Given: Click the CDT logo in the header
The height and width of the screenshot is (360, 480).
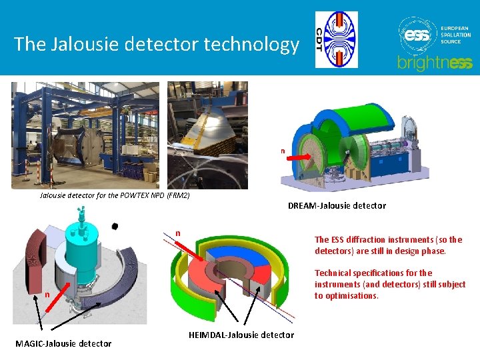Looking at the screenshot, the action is click(337, 39).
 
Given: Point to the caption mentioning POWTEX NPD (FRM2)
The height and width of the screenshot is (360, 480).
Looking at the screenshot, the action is click(115, 195).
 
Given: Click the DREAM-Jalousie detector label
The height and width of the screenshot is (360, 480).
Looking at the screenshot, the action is click(337, 205).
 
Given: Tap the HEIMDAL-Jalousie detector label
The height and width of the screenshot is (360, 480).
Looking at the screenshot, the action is click(241, 335).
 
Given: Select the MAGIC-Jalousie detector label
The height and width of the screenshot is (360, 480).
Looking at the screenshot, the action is click(63, 343).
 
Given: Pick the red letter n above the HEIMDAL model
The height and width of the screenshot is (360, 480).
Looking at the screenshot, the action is click(178, 233).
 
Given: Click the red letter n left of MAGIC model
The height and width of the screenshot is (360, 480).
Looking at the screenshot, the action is click(47, 294).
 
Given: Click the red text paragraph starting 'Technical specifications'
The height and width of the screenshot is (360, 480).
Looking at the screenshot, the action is click(390, 284).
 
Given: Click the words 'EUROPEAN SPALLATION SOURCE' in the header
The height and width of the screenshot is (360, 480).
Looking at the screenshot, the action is click(455, 35).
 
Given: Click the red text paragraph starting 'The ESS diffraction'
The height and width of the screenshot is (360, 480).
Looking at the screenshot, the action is click(388, 245).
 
